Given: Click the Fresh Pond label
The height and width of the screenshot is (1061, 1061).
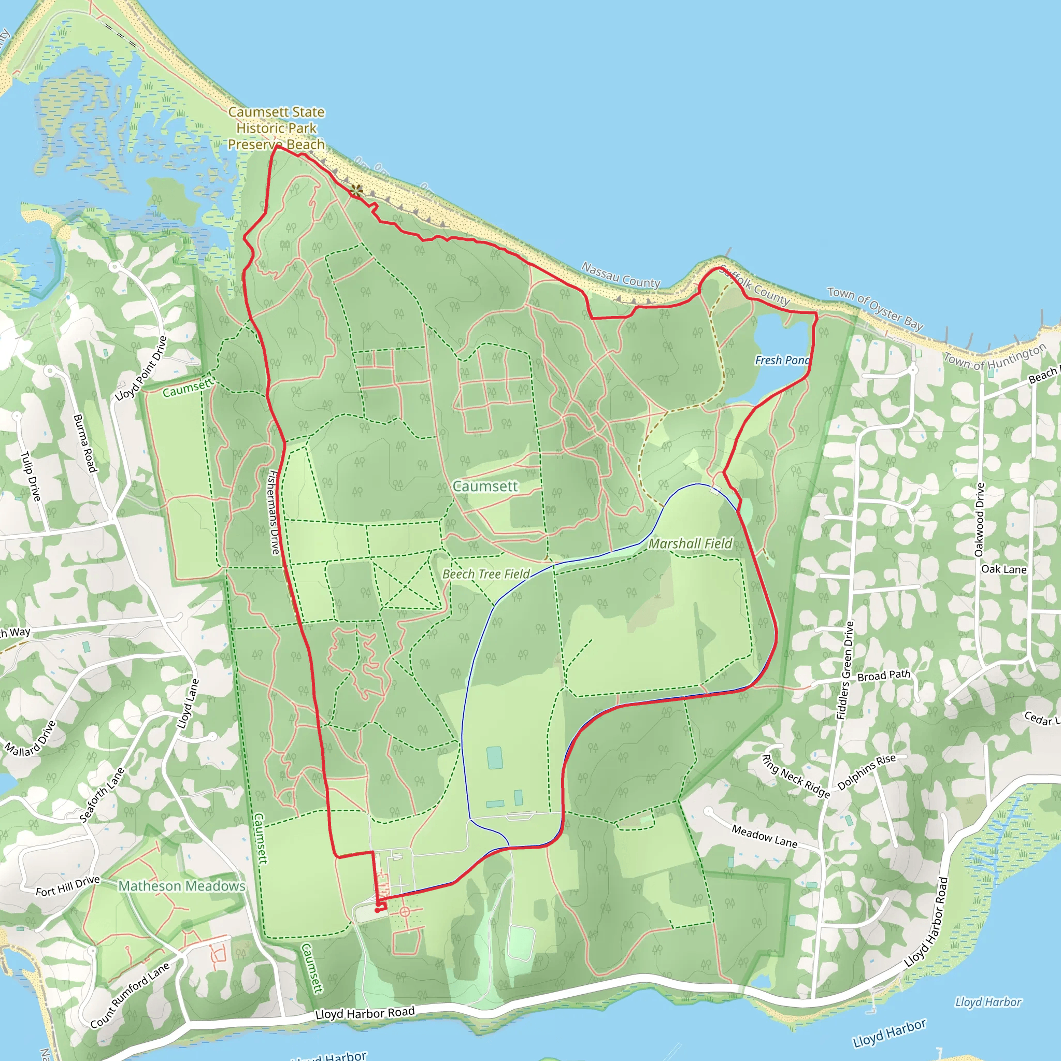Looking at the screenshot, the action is [x=782, y=360].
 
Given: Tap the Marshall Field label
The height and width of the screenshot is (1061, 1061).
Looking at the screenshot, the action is [x=690, y=543].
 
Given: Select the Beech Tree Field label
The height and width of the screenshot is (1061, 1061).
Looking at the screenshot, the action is [x=486, y=574].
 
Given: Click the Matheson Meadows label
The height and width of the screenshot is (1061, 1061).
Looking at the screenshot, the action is [x=182, y=886].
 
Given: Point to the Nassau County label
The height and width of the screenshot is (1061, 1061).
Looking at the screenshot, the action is [x=621, y=274].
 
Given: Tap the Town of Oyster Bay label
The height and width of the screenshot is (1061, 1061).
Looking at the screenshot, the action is [x=875, y=308].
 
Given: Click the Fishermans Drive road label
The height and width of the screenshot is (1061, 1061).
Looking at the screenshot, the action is [x=274, y=511].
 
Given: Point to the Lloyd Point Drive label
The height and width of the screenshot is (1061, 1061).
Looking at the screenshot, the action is [x=141, y=368].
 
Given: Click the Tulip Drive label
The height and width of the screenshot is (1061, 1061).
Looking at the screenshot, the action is [x=31, y=476].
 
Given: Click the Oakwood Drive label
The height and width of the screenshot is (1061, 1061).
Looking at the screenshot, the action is [x=979, y=520].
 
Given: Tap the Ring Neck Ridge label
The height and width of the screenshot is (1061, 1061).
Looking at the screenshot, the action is [x=796, y=776].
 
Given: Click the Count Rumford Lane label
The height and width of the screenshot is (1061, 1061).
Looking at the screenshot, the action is [x=130, y=995].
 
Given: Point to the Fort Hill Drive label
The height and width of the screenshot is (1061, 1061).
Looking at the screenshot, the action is [x=67, y=886].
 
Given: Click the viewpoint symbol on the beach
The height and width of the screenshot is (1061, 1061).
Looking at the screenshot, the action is [x=357, y=191].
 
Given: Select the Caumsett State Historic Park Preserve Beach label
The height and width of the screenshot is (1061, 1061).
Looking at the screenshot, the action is [x=276, y=128].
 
